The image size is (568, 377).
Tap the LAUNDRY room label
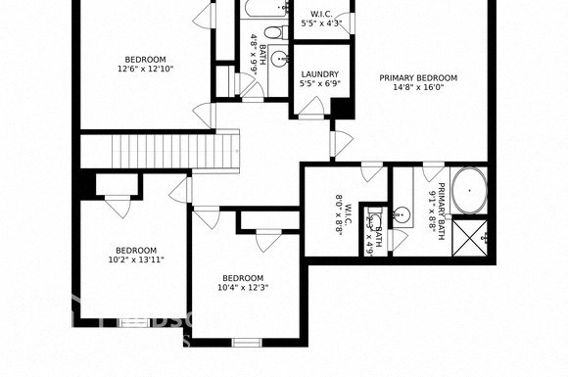tap(320, 73)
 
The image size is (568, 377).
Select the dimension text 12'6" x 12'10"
tap(145, 69)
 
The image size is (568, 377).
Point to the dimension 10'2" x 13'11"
tap(135, 260)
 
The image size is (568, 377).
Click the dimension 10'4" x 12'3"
tap(242, 287)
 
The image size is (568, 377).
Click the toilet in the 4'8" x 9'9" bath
tap(277, 59)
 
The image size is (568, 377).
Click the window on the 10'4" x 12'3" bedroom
tap(246, 342)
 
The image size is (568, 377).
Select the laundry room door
tap(313, 116)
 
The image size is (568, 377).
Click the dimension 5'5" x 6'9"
tap(320, 84)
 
